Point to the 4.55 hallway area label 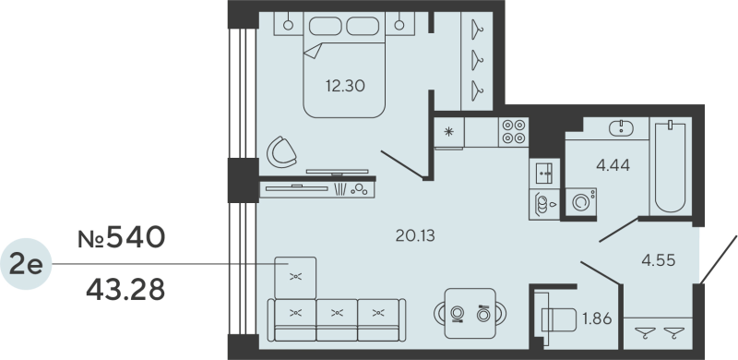659,259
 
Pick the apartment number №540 121,238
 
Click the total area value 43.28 125,290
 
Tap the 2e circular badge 27,265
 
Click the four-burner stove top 513,133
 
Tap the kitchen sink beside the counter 542,202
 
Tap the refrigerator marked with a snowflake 449,131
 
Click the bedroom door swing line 401,165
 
